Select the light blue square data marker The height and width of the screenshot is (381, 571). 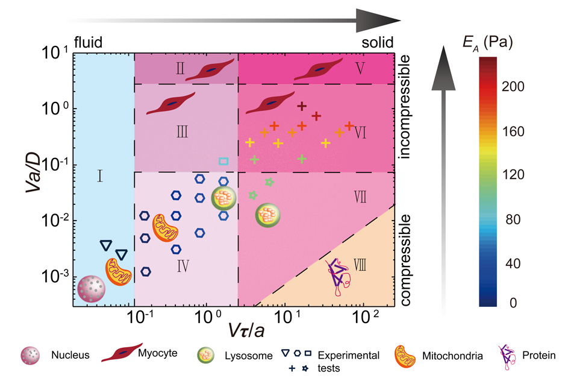click(x=223, y=161)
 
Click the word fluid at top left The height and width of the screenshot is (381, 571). click(x=88, y=43)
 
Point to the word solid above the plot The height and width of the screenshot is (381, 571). click(x=378, y=43)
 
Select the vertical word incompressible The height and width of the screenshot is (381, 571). click(x=405, y=107)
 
